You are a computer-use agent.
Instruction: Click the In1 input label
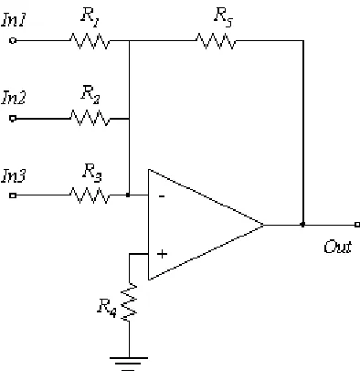click(14, 20)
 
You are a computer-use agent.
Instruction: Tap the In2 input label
click(14, 98)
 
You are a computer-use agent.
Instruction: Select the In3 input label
click(14, 175)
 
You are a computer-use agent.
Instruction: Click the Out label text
click(337, 247)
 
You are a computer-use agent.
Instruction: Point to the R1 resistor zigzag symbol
click(90, 41)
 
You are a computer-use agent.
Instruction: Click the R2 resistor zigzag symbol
click(90, 118)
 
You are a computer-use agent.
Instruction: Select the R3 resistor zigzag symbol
click(90, 195)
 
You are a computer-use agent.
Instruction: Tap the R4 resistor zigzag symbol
click(129, 302)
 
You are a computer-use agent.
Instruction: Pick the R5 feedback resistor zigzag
click(216, 41)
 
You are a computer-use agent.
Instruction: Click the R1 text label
click(90, 17)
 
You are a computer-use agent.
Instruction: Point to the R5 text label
click(224, 16)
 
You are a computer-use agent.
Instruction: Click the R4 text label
click(107, 308)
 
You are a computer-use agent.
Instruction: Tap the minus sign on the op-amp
click(162, 196)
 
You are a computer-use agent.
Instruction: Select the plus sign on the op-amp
click(162, 254)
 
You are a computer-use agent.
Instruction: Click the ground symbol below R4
click(129, 364)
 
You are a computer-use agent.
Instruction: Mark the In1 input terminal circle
click(13, 40)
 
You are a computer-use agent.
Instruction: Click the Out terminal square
click(357, 225)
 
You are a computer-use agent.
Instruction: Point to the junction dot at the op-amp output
click(302, 225)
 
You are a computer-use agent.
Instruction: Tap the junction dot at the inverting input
click(128, 195)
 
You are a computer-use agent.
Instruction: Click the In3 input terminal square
click(13, 195)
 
